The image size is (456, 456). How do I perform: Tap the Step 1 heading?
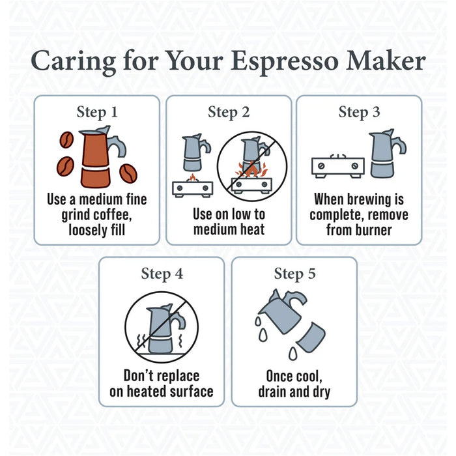click(97, 112)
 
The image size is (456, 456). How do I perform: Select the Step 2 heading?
click(229, 112)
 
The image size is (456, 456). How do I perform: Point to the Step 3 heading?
click(359, 112)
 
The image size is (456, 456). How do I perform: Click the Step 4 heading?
click(162, 273)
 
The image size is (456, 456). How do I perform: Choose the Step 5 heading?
click(294, 273)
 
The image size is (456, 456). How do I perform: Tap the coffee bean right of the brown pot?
click(128, 173)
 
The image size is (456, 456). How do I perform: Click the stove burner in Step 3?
click(337, 167)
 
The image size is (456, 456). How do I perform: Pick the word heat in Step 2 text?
click(248, 229)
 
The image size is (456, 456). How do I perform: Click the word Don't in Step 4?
click(142, 376)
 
